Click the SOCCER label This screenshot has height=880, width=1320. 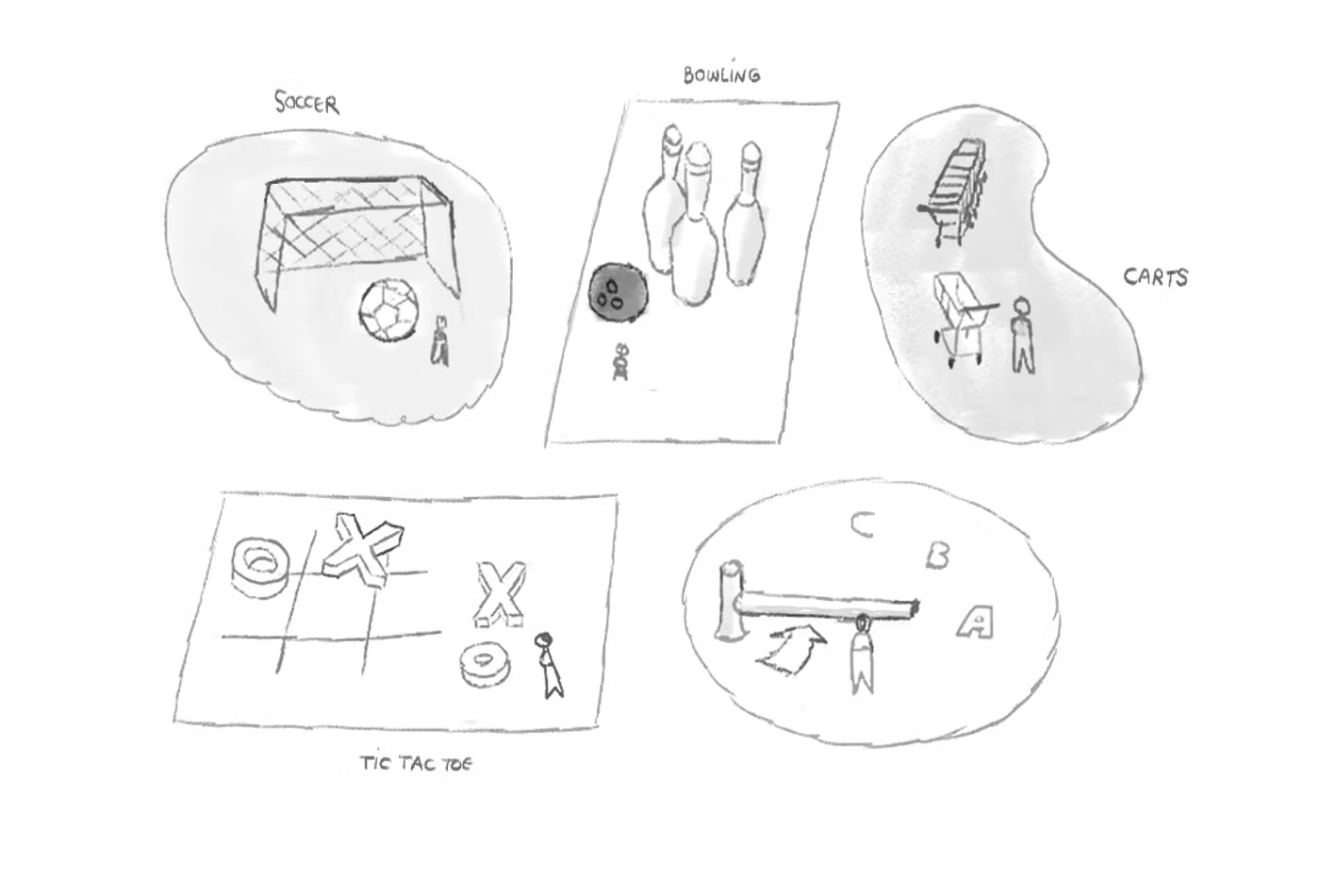pos(307,103)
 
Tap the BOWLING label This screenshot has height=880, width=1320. pos(722,75)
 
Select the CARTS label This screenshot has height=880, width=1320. pos(1156,277)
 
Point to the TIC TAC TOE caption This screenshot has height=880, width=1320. pos(417,763)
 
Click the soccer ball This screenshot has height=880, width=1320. pos(390,309)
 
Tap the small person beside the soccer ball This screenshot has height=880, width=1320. pos(439,341)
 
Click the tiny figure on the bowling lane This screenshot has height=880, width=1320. pos(620,361)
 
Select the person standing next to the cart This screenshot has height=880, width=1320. pos(1022,336)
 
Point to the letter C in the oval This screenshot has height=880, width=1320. pos(863,524)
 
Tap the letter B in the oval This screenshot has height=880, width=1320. pos(937,556)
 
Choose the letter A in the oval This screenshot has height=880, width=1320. pos(975,623)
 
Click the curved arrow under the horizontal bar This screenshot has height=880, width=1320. pos(790,650)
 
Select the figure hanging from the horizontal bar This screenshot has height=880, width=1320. pos(862,655)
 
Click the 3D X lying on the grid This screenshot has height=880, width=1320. pos(363,549)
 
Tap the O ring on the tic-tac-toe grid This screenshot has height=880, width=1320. pos(260,568)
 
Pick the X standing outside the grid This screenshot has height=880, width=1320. pos(500,594)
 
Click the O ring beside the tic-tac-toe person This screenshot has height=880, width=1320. pos(485,664)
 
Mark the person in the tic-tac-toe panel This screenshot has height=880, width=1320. pos(549,666)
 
